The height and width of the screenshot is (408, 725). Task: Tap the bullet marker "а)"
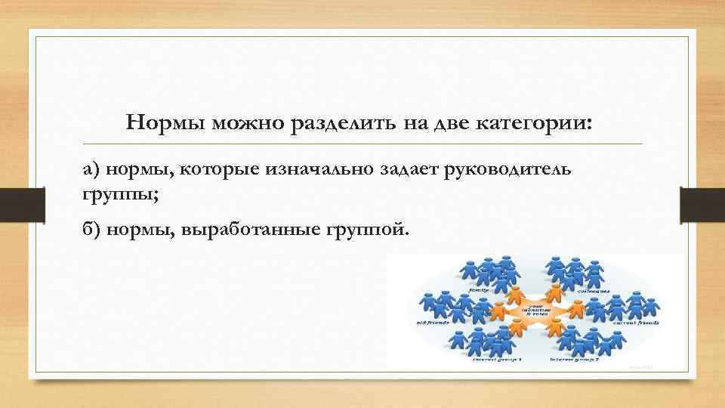(x=91, y=170)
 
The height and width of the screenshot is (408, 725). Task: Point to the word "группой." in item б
(x=369, y=228)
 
